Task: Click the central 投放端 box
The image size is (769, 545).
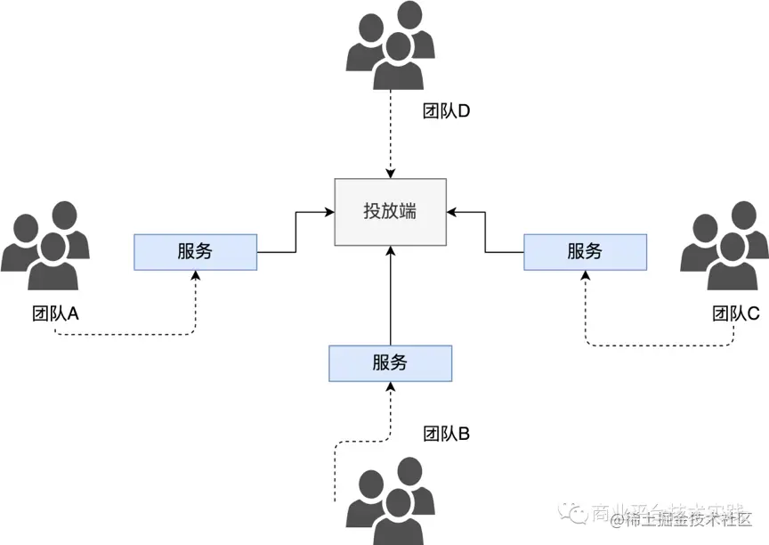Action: point(390,212)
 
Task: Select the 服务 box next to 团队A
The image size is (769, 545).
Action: point(195,251)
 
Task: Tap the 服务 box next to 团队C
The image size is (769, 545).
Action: point(585,251)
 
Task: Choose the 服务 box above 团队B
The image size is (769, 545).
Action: point(390,363)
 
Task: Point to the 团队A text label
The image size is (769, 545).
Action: point(55,313)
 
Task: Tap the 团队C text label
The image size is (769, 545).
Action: point(735,313)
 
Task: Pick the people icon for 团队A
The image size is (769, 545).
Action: point(45,246)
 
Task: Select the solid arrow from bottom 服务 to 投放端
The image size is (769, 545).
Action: point(390,294)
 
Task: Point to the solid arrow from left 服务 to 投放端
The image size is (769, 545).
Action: point(295,233)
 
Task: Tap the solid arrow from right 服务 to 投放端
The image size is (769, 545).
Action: point(485,233)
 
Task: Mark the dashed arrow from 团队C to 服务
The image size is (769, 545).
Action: point(659,345)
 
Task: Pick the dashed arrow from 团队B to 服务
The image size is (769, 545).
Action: point(356,441)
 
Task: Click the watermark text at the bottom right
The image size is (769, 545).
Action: point(663,517)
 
